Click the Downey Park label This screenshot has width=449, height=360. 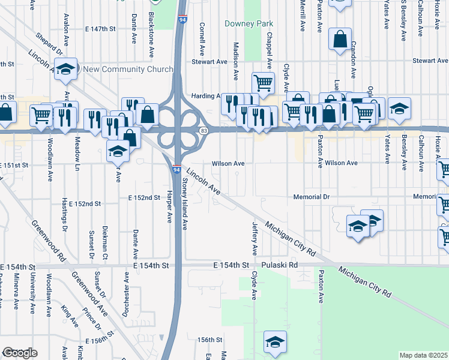point(249,24)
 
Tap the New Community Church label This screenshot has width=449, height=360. point(128,69)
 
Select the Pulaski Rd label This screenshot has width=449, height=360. point(280,265)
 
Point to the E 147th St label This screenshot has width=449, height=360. point(100,28)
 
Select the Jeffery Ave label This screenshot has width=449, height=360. point(255,238)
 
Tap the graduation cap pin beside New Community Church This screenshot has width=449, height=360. point(67,68)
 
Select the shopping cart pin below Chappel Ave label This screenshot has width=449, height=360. point(263,82)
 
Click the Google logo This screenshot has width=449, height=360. point(20,353)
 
